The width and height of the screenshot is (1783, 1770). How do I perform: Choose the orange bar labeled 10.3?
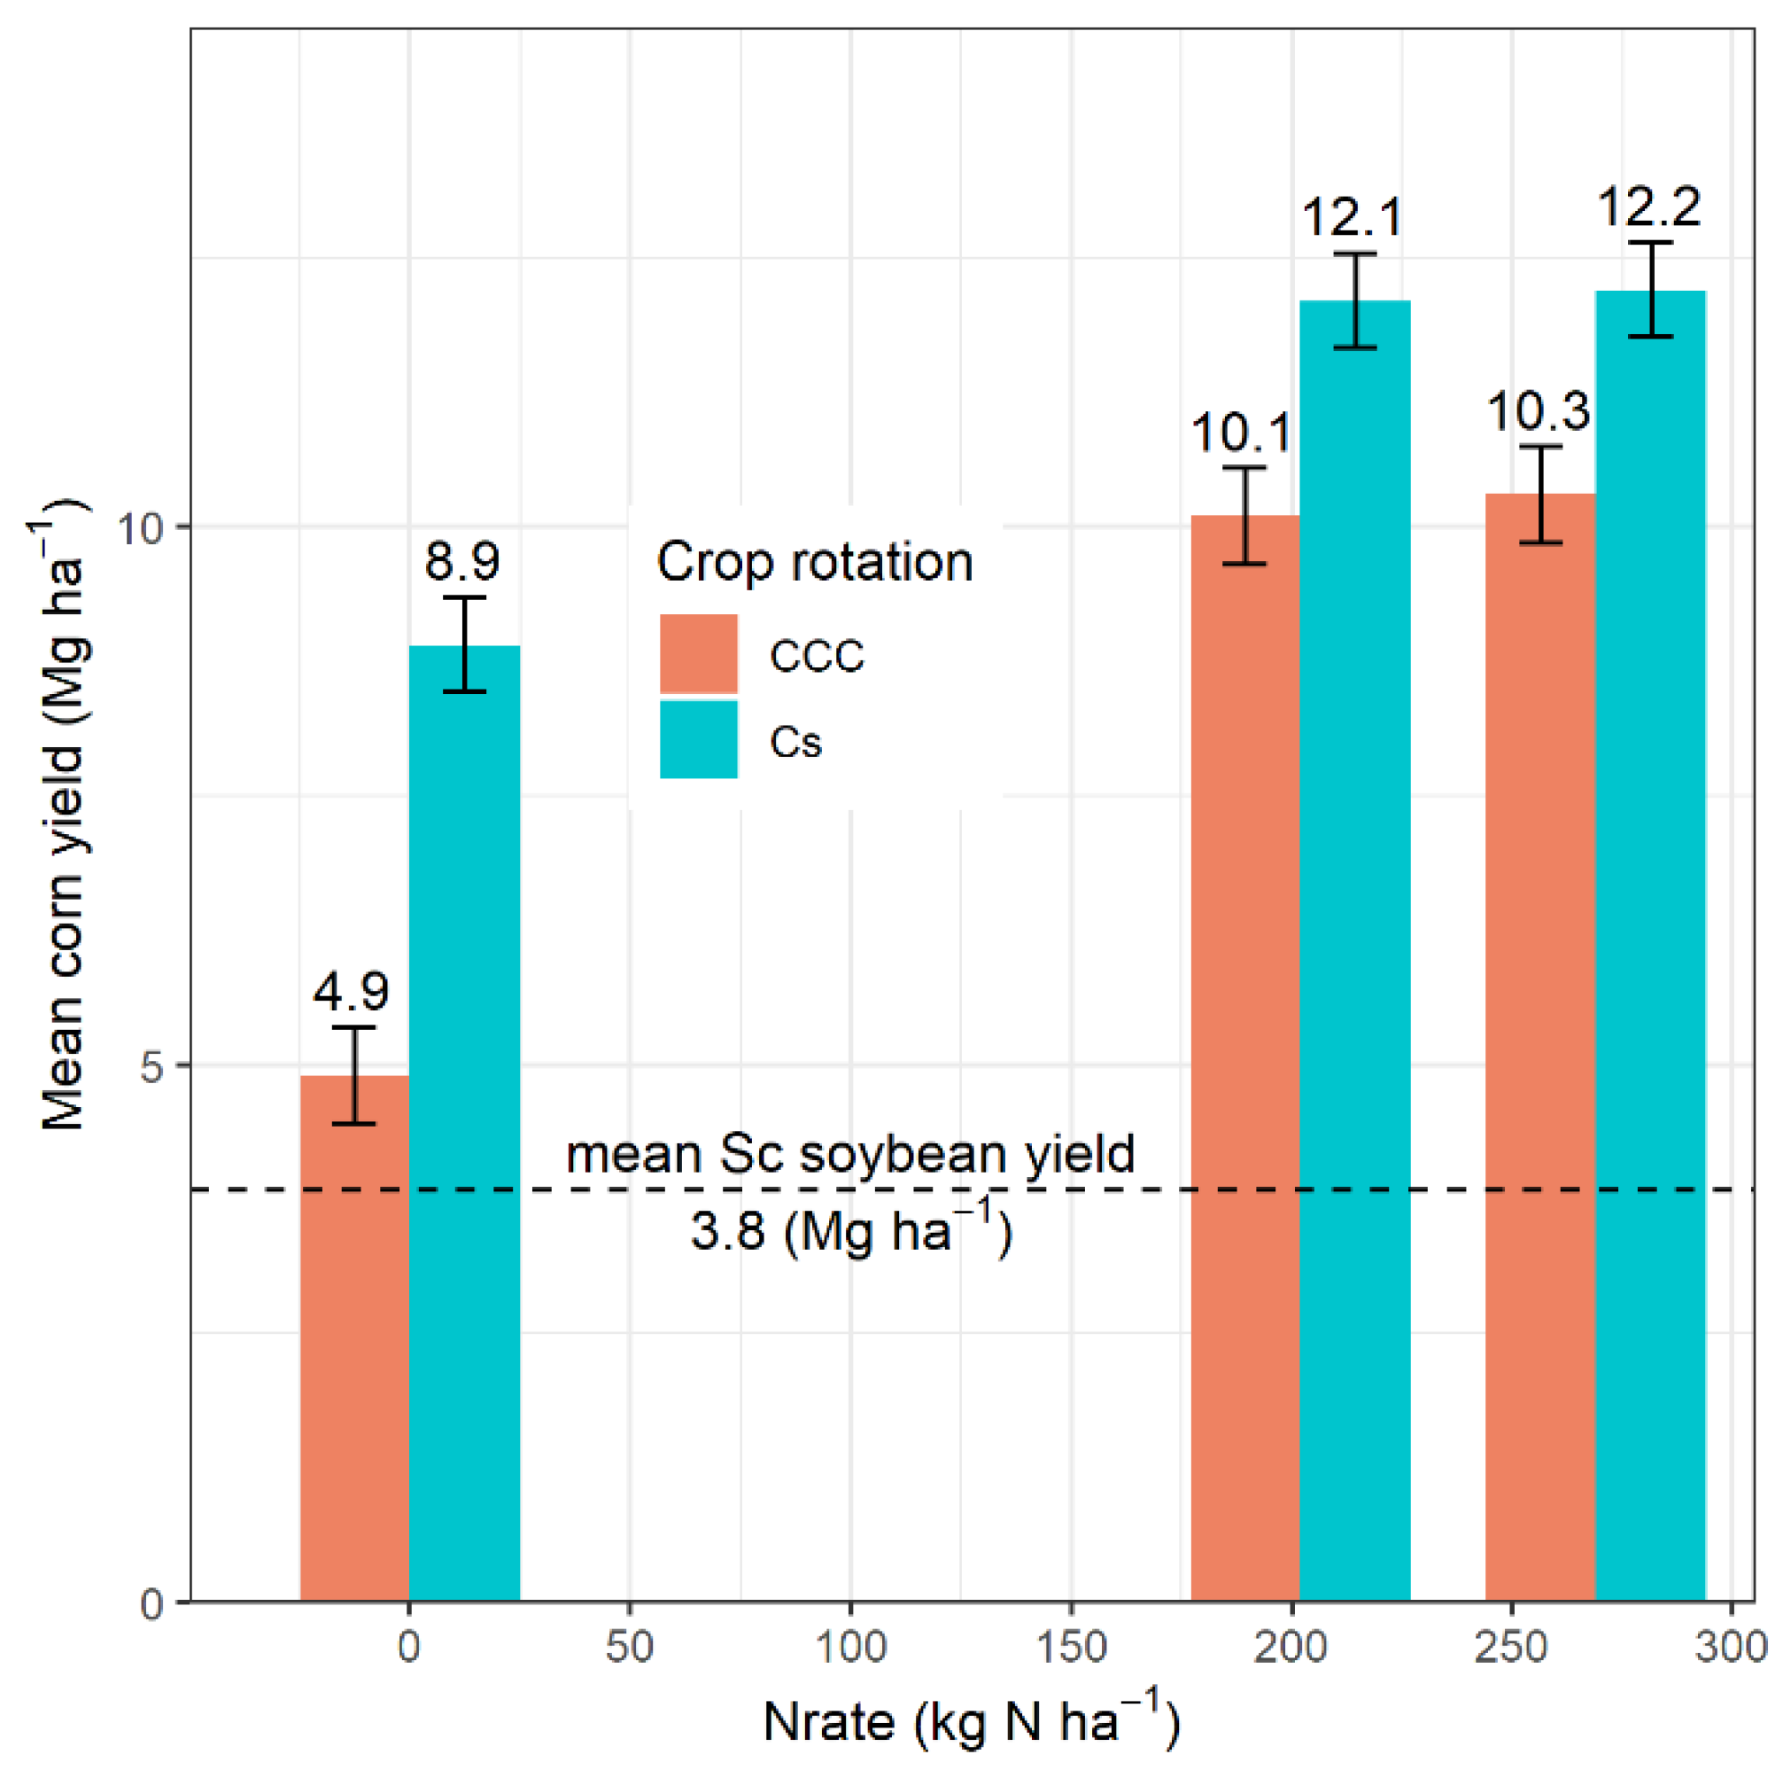pyautogui.click(x=1539, y=1062)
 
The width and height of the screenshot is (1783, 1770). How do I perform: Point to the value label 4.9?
pyautogui.click(x=351, y=992)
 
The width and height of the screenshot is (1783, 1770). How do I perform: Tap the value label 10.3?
pyautogui.click(x=1539, y=411)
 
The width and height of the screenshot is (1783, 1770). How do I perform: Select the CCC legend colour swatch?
pyautogui.click(x=699, y=654)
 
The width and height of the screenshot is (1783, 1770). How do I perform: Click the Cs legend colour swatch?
pyautogui.click(x=699, y=739)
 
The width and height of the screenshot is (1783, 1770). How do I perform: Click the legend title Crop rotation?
pyautogui.click(x=815, y=561)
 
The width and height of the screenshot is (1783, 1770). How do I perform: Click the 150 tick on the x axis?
pyautogui.click(x=1071, y=1646)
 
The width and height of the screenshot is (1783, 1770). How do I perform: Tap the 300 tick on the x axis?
pyautogui.click(x=1732, y=1646)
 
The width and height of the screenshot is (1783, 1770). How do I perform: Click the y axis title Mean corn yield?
pyautogui.click(x=63, y=813)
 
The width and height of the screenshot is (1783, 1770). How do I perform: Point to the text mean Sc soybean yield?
pyautogui.click(x=850, y=1154)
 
